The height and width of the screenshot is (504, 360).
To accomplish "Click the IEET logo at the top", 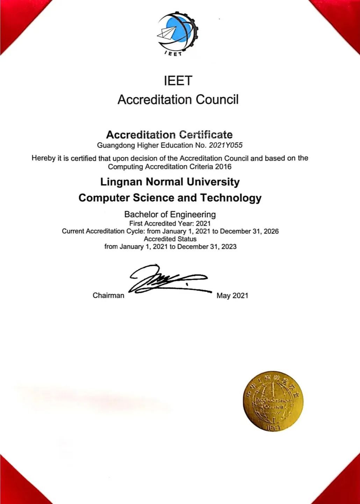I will point(178,34).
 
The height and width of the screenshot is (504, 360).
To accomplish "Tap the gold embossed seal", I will point(273,401).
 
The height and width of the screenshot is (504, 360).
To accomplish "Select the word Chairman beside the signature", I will point(108,296).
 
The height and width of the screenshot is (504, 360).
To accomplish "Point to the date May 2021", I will point(232,296).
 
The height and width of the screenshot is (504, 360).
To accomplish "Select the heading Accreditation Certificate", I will point(169,135).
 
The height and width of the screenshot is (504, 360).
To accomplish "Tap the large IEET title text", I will point(178,81).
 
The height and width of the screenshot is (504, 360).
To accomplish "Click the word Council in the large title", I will point(217,100).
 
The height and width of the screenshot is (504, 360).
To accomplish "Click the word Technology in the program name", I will point(231,198).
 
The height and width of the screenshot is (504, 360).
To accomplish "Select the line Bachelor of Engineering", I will point(170,214).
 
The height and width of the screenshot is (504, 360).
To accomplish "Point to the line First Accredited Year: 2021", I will point(170,223).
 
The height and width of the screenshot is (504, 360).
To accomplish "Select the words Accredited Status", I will point(170,239).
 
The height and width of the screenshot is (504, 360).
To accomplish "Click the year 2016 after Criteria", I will point(223,167).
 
